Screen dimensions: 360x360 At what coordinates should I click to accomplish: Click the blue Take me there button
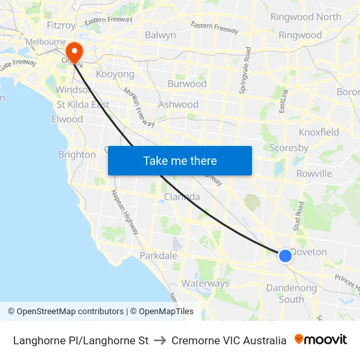[x=180, y=160]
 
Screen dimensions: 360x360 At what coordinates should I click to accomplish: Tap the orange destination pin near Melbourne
[x=74, y=52]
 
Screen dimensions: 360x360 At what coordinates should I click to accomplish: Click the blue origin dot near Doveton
[x=285, y=256]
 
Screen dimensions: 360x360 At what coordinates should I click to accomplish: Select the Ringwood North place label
[x=306, y=17]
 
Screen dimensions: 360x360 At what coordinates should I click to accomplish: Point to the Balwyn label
[x=160, y=35]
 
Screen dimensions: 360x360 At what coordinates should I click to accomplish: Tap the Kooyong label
[x=115, y=74]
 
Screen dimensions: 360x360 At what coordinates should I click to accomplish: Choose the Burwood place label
[x=187, y=84]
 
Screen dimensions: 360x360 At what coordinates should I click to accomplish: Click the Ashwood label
[x=178, y=104]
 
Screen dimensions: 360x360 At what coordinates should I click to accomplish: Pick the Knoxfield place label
[x=319, y=132]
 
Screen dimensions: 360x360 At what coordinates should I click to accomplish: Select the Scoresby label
[x=289, y=148]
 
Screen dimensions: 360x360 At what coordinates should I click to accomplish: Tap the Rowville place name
[x=314, y=173]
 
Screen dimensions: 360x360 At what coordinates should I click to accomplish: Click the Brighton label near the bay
[x=77, y=154]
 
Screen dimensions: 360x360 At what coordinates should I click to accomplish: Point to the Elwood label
[x=67, y=119]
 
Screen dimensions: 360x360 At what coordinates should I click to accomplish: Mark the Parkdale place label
[x=158, y=255]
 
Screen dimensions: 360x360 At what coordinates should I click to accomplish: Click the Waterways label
[x=205, y=283]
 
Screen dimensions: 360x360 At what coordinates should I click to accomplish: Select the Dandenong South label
[x=291, y=294]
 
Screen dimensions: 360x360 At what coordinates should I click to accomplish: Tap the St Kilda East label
[x=82, y=104]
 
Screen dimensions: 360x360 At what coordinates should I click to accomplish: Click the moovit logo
[x=321, y=340]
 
